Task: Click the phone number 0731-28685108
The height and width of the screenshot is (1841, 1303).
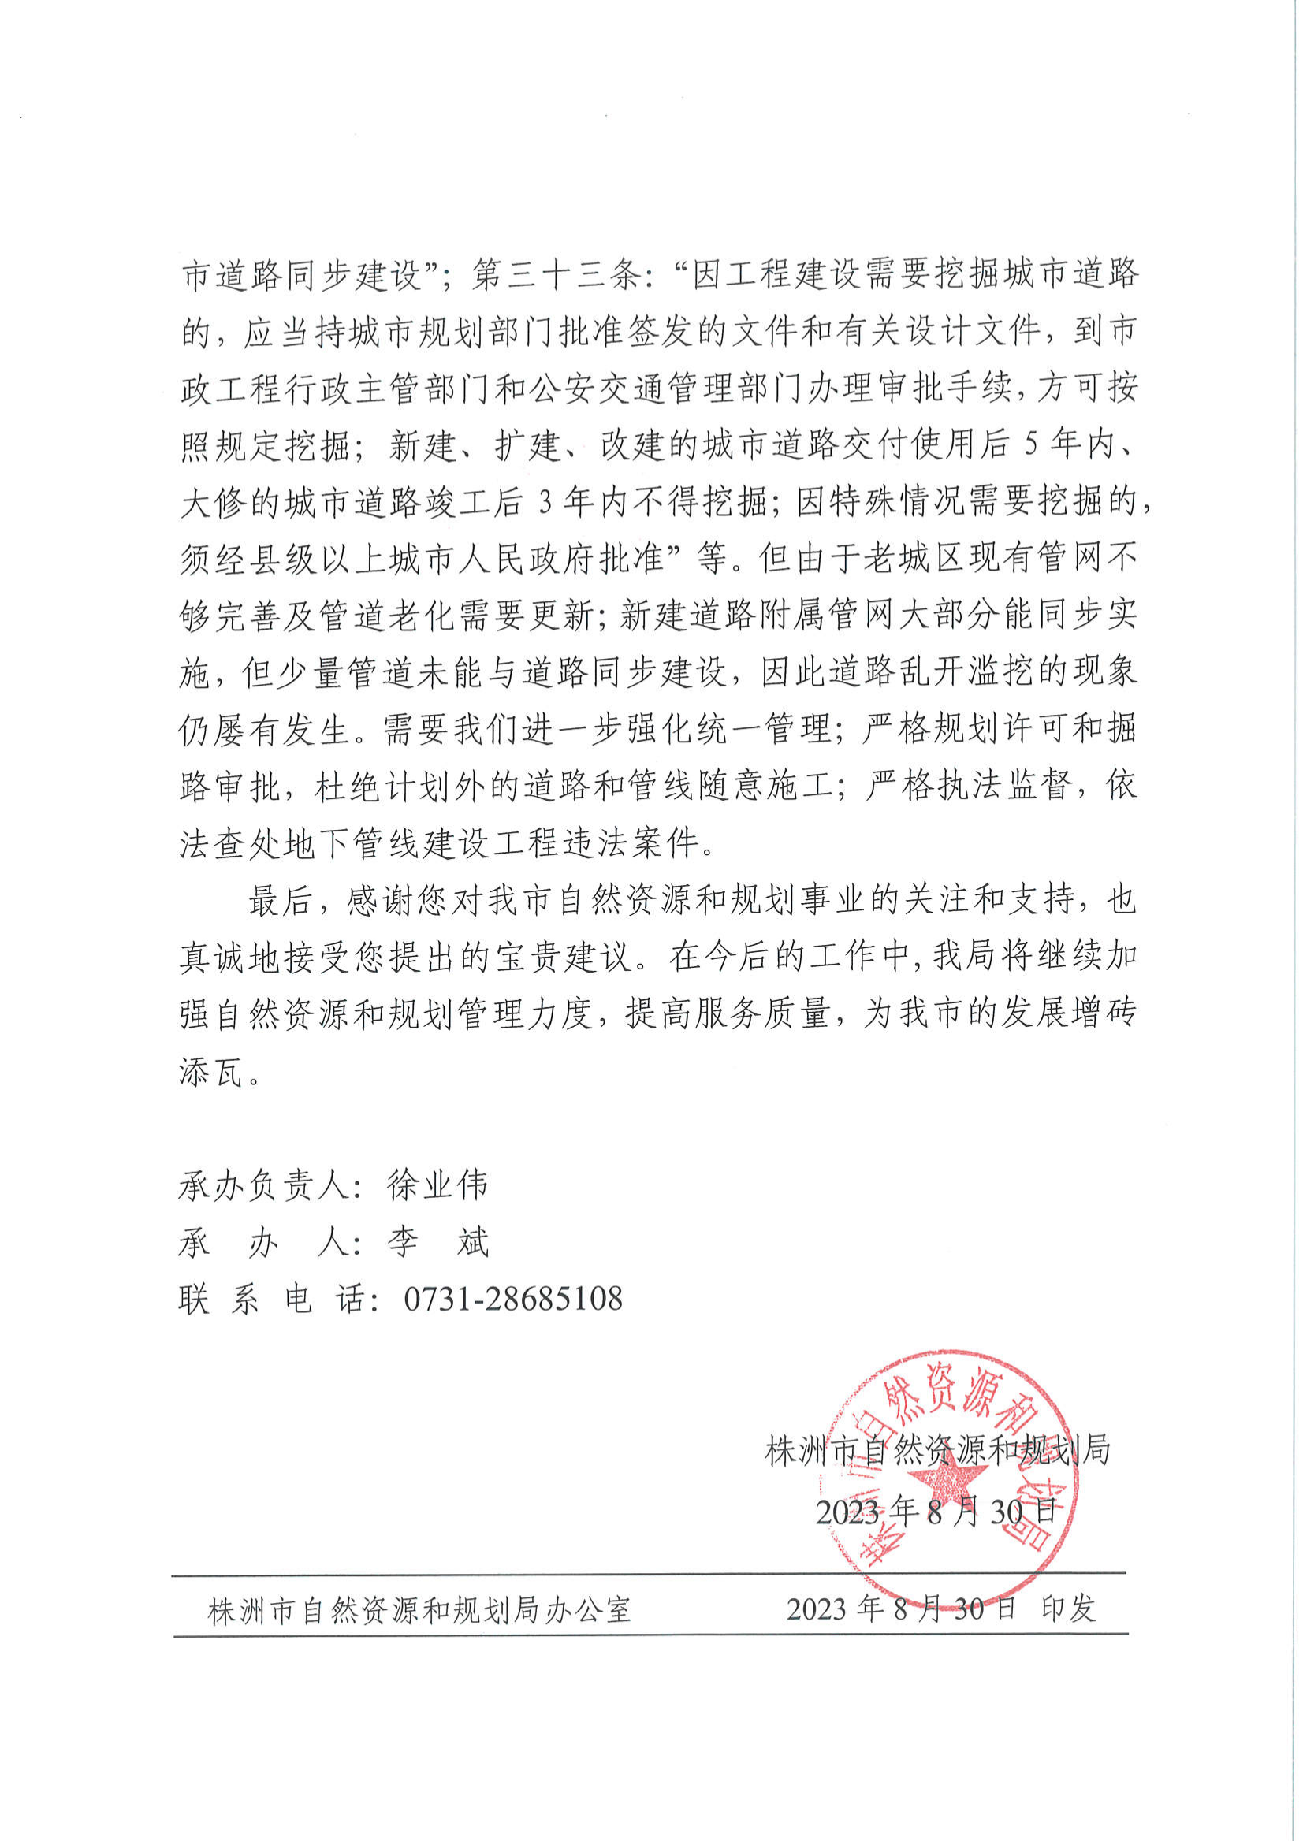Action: (x=512, y=1299)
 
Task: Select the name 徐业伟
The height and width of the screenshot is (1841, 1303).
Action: (x=437, y=1185)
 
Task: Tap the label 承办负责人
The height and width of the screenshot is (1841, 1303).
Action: (x=264, y=1185)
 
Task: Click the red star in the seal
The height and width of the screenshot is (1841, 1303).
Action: (x=951, y=1475)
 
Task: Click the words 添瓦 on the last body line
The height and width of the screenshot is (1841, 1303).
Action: (x=211, y=1072)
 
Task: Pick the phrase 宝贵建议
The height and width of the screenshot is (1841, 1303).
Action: (x=564, y=957)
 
